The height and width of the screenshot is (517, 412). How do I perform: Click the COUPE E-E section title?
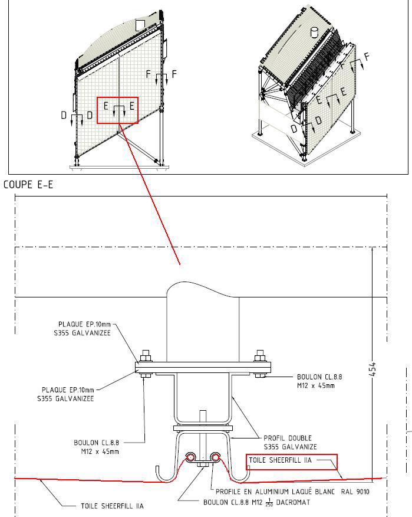(28, 185)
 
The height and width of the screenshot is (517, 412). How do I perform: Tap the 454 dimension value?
(372, 369)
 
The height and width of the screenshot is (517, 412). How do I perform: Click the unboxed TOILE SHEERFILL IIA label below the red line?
(113, 506)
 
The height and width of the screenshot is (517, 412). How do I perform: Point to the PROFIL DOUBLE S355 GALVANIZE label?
(290, 443)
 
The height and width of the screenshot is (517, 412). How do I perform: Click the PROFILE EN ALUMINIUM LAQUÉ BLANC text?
(275, 492)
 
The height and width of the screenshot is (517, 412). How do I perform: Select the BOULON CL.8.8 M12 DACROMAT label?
(256, 502)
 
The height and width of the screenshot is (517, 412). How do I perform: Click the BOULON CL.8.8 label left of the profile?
(96, 447)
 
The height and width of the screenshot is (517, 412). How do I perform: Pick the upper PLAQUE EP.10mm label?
(83, 328)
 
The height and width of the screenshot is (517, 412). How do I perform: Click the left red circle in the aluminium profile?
(190, 457)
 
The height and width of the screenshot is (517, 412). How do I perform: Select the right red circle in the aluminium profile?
(215, 457)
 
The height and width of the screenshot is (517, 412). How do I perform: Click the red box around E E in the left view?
(117, 110)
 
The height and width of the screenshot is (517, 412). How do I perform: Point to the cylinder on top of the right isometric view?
(315, 32)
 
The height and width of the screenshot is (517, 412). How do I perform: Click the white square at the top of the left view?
(140, 25)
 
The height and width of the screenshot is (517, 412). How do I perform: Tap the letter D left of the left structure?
(64, 115)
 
